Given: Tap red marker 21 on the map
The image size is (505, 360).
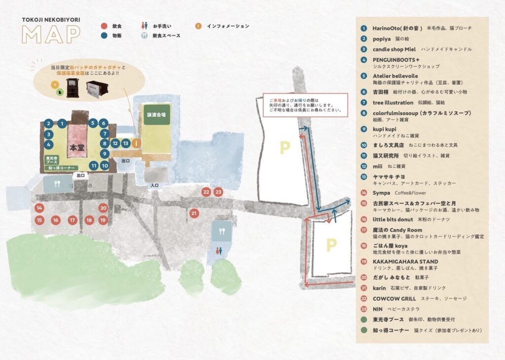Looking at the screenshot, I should coord(194,213).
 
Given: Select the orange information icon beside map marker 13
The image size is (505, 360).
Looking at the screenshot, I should coord(137,143).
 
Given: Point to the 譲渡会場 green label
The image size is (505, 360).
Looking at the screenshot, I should coord(156,114).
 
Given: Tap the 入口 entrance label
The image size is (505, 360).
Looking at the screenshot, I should coord(154,186).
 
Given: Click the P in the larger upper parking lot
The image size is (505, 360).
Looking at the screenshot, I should coord(284,147).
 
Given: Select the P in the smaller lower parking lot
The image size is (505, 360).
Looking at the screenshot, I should coord(330,244).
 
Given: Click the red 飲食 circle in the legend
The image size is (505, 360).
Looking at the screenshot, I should coord(104,26).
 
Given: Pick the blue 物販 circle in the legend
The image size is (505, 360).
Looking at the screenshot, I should coord(104,36).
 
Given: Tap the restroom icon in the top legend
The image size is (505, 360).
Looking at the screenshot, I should coord(144,26).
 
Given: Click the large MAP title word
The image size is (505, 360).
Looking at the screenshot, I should coord(51,34).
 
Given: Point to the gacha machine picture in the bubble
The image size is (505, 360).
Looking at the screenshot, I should coord(73,87).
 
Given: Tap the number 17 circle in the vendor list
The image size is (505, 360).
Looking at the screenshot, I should coord(364,230).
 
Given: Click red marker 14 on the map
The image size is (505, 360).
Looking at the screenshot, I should coord(39,208).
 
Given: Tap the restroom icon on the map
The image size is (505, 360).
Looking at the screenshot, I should coord(218,250).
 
